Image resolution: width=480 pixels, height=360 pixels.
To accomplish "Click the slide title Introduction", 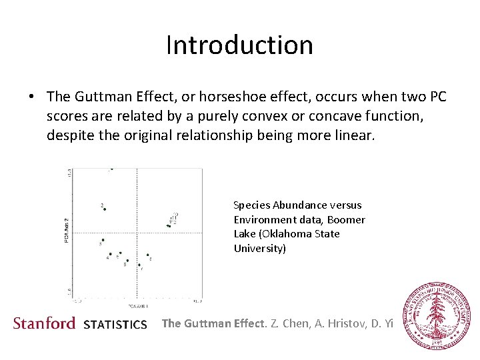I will click(239, 45).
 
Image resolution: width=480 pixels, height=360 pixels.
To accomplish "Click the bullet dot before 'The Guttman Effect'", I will click(31, 97).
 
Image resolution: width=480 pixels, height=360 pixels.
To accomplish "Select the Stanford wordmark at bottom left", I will click(44, 323).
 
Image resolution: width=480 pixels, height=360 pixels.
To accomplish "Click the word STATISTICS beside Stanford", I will click(115, 325).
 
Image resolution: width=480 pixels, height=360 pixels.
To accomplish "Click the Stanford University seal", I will click(438, 315).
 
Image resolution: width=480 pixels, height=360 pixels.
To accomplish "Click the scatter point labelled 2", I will click(105, 209).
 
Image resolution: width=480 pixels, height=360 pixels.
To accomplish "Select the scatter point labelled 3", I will click(103, 240).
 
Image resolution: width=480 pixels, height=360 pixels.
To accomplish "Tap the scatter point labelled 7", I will click(139, 265).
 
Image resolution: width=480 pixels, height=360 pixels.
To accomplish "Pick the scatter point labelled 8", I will click(148, 255).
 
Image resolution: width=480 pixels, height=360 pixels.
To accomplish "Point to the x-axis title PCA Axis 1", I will click(138, 306).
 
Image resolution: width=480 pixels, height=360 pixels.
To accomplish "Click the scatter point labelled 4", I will click(110, 253).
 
